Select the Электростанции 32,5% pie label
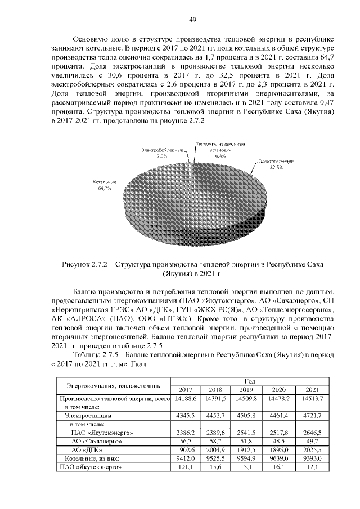268,164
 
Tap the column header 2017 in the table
185,390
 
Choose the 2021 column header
311,390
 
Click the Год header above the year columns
248,381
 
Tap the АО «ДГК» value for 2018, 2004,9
215,451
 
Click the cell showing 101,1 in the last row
185,468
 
